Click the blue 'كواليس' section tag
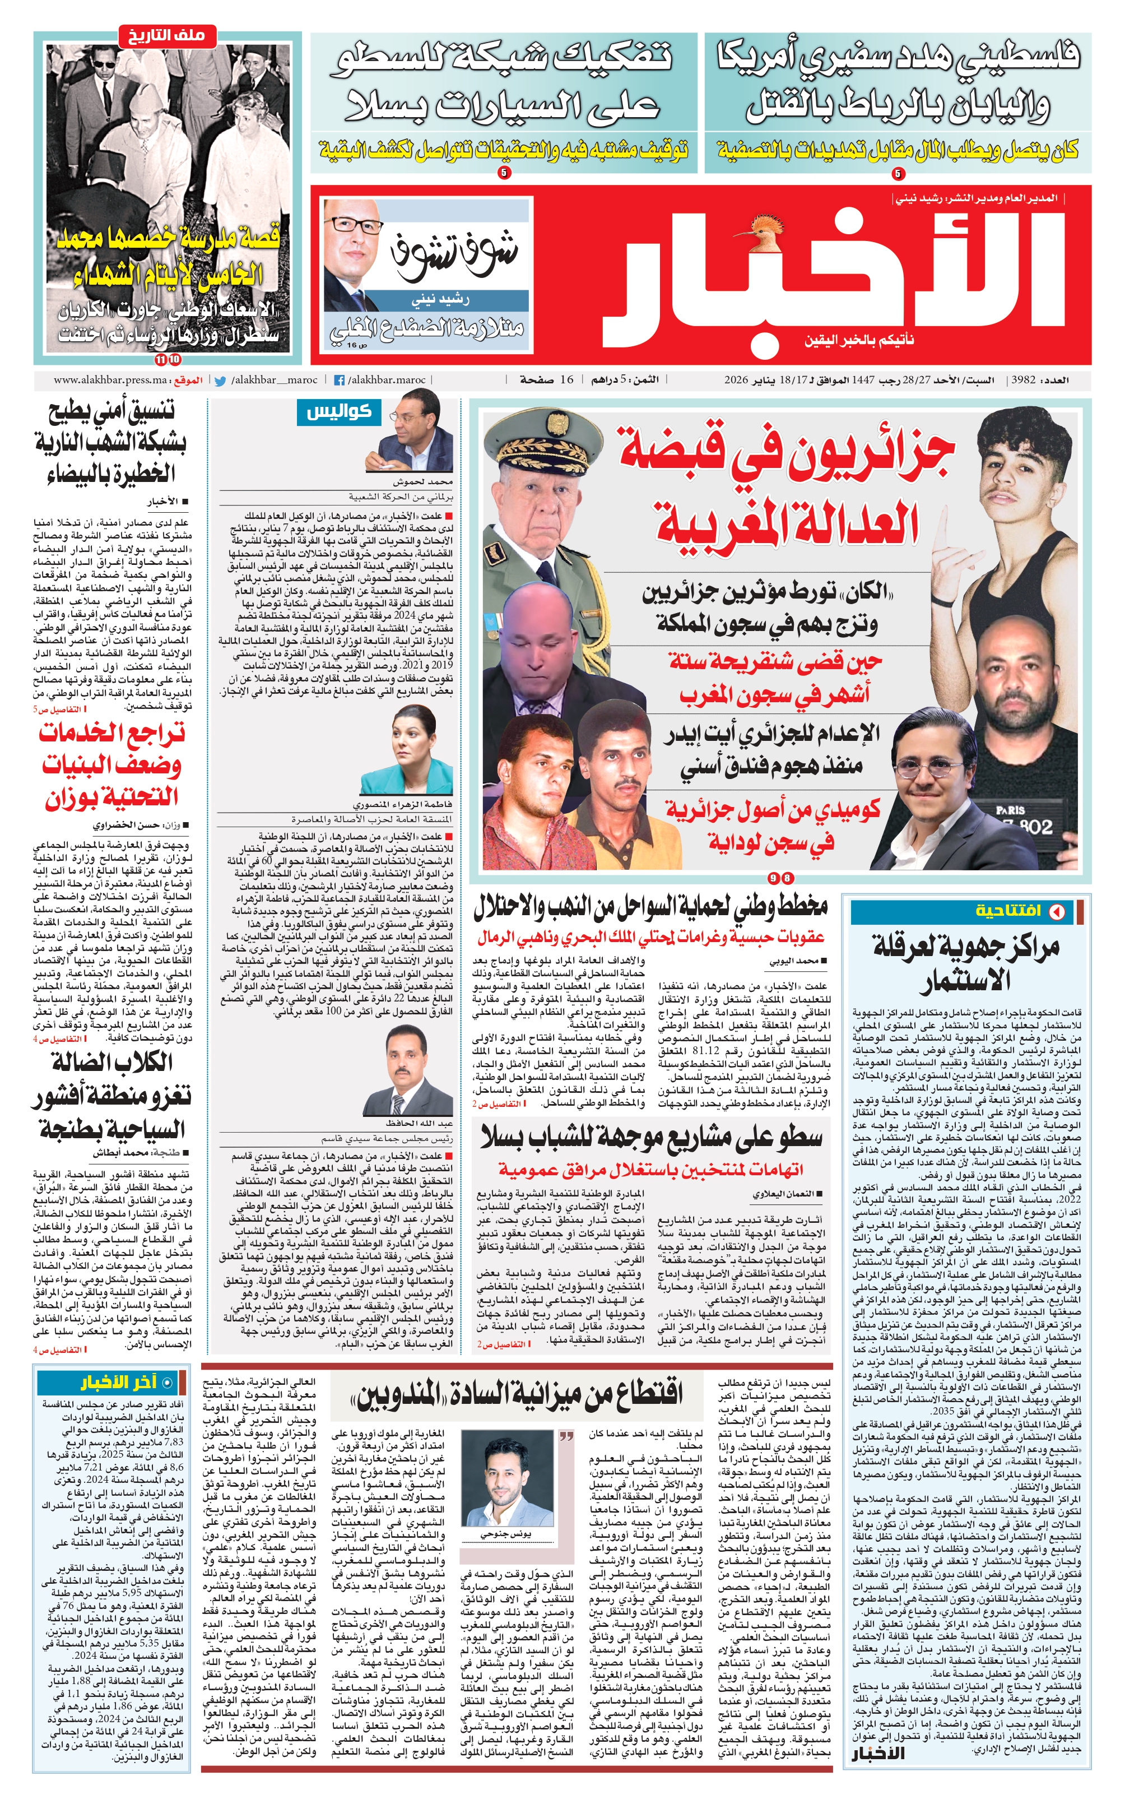[338, 411]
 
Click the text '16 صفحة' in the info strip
[547, 379]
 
